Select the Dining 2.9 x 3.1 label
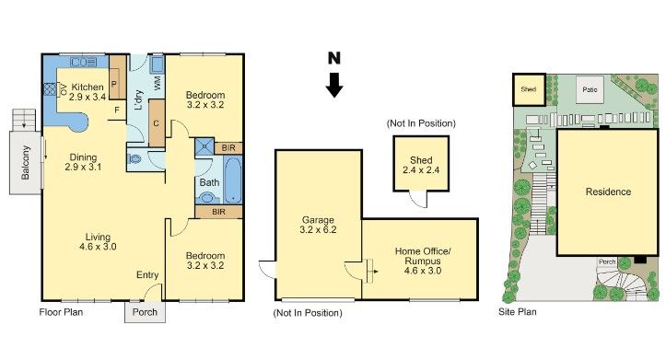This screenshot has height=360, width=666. click(84, 162)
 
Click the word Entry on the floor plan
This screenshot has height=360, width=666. click(146, 274)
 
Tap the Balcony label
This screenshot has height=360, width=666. click(26, 160)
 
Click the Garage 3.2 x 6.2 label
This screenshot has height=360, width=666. click(317, 225)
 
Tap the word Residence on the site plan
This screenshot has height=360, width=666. click(608, 192)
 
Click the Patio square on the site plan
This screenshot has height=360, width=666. click(590, 89)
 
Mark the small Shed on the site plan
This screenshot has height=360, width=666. click(528, 89)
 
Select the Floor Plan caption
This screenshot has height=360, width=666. click(61, 312)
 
